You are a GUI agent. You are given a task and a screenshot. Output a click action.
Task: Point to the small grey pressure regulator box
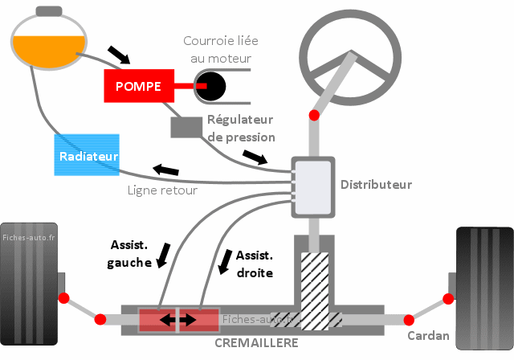pos(186,126)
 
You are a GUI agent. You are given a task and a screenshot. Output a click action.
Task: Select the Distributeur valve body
pos(312,186)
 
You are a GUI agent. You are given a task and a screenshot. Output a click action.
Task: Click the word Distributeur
pos(376,185)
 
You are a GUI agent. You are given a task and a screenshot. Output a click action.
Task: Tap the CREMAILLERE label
pos(256,343)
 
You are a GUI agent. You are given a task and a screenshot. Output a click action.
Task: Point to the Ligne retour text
pos(162,191)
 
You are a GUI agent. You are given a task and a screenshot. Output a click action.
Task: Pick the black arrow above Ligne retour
pos(166,170)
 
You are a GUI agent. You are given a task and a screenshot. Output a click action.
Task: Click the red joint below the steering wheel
pos(314,116)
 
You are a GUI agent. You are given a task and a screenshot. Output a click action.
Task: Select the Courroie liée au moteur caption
pos(222,49)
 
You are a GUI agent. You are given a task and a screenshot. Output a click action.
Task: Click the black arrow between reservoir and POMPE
pos(118,55)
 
